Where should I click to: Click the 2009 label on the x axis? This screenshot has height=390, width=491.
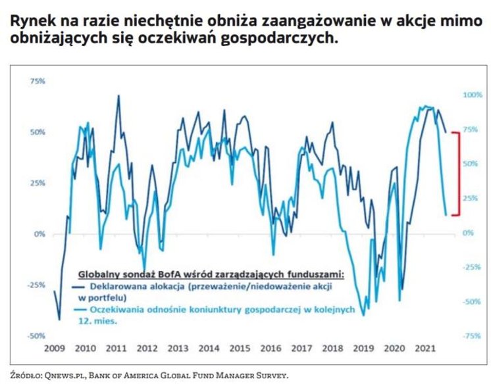pos(55,349)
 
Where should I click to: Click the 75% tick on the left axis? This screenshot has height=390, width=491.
pos(37,81)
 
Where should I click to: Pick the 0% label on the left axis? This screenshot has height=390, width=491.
pos(39,233)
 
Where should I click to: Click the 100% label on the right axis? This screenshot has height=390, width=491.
pos(472,95)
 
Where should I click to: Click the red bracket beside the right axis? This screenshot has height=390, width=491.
pos(458,173)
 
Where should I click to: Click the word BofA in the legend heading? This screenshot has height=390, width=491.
pos(159,273)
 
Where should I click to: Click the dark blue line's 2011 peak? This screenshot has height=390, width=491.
pos(118,95)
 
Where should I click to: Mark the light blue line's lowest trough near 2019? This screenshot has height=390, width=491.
pos(363,316)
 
